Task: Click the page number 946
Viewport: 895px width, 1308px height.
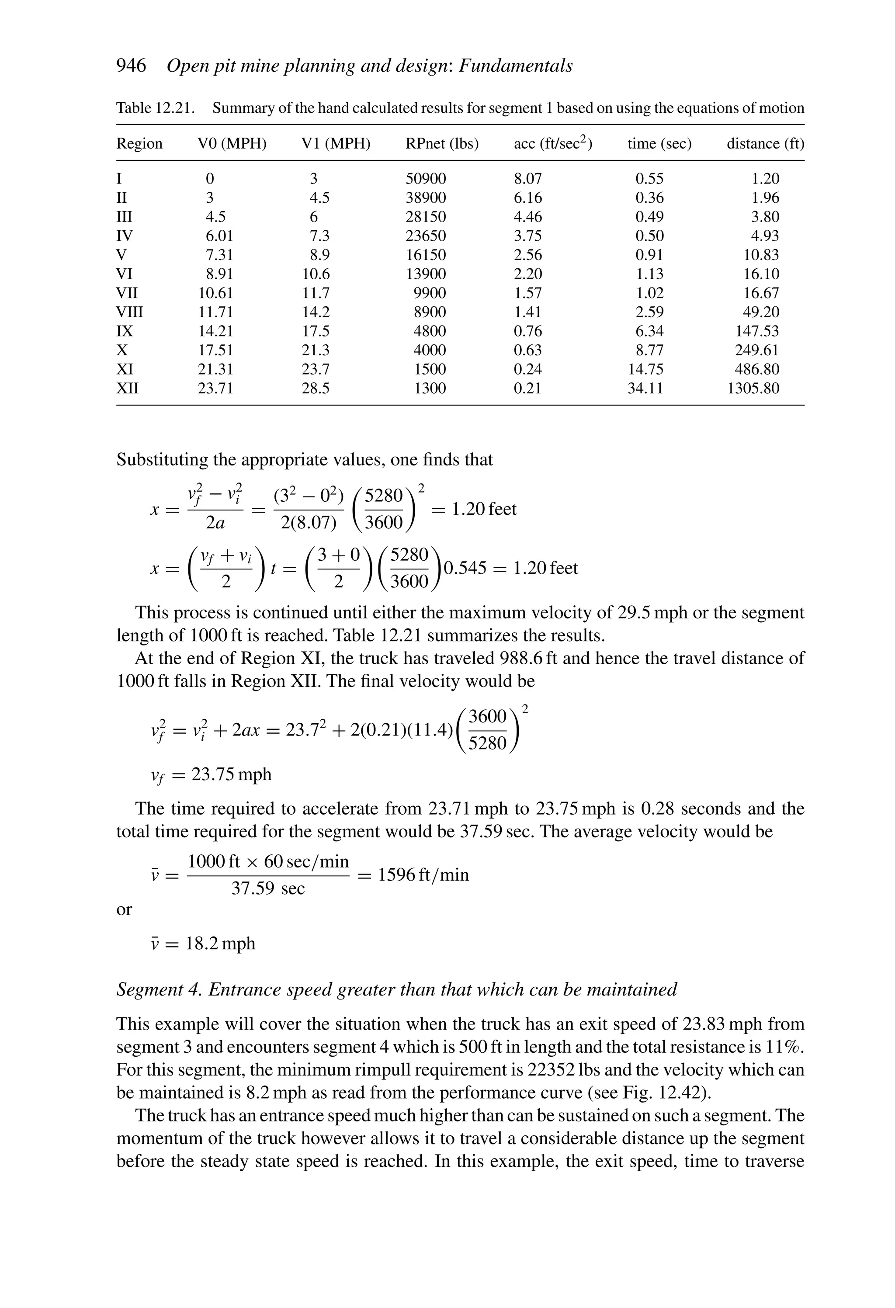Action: tap(131, 66)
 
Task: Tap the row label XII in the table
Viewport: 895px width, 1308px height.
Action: tap(127, 389)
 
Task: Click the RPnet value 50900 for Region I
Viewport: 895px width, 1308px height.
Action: tap(426, 179)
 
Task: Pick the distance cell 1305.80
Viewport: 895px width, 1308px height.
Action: tap(753, 389)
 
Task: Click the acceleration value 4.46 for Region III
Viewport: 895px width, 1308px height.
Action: tap(527, 217)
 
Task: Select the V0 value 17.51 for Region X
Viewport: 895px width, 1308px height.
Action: tap(215, 350)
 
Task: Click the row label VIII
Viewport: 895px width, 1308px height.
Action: tap(129, 312)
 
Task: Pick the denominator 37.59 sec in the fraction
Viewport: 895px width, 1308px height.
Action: tap(268, 889)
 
